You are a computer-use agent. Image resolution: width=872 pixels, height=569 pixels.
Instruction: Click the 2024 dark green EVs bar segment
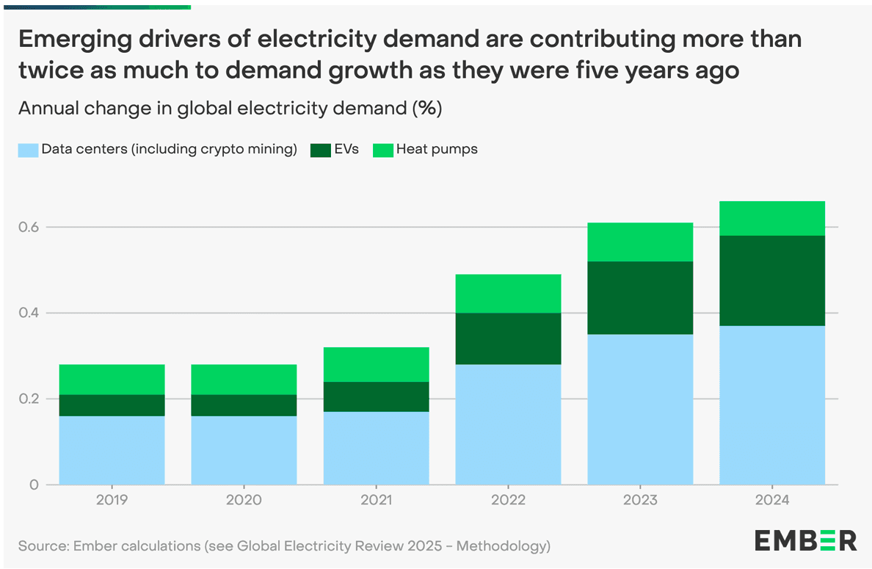click(x=772, y=280)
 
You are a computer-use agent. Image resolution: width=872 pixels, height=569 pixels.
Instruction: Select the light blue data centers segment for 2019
click(x=112, y=450)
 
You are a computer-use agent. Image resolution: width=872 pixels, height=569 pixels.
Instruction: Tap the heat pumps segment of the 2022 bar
click(x=508, y=294)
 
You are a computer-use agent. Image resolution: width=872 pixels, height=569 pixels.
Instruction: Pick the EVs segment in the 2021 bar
click(x=376, y=396)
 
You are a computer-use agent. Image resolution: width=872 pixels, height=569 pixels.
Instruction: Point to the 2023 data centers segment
click(x=640, y=409)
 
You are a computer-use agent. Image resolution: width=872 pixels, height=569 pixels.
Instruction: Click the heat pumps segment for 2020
click(x=244, y=380)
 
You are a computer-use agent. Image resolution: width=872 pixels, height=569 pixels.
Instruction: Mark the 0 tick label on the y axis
click(x=34, y=485)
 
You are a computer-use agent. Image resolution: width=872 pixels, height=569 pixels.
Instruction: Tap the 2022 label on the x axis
click(x=508, y=501)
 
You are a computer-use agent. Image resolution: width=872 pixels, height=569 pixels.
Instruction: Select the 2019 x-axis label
click(x=112, y=501)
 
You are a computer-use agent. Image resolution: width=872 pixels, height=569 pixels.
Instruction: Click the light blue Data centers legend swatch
click(x=28, y=150)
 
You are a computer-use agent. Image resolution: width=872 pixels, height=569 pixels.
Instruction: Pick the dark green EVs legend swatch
click(x=321, y=150)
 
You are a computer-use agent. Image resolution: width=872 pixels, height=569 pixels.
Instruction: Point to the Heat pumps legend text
click(x=437, y=150)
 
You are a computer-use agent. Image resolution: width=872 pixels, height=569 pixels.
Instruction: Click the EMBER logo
click(x=805, y=540)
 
